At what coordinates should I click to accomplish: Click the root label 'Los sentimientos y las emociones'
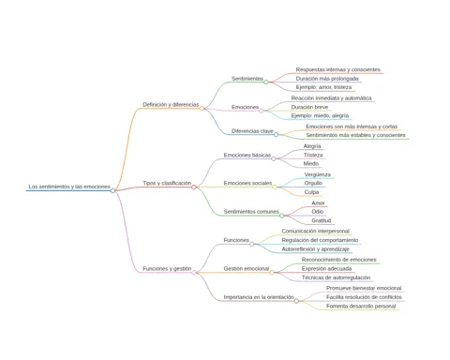69,187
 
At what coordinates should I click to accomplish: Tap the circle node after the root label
112,190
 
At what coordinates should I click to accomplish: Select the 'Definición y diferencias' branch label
171,104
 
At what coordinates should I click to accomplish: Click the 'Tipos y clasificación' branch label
167,183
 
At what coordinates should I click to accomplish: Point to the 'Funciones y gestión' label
167,268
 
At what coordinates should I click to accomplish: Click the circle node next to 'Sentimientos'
266,82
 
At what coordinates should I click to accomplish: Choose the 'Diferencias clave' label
252,131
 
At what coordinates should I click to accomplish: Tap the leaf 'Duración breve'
309,107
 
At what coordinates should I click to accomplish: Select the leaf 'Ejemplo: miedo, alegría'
320,115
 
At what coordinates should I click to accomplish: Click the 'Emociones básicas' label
247,155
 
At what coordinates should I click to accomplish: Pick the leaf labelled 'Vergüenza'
318,174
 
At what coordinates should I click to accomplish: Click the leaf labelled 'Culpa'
311,192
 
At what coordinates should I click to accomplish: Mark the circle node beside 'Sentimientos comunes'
282,216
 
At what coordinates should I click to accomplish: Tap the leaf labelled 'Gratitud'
322,220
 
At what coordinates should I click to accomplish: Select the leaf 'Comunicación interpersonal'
316,231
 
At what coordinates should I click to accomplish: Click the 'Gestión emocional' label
247,268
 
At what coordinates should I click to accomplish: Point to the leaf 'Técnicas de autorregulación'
336,277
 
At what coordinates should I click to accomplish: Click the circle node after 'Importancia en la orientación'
296,301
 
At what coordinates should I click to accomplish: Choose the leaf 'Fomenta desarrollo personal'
361,306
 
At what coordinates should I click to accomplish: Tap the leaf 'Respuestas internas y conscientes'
338,69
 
